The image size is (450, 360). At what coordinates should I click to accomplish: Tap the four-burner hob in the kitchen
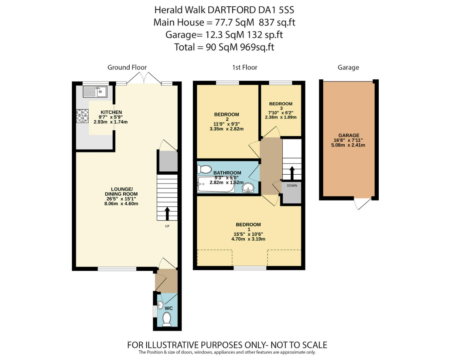(82, 116)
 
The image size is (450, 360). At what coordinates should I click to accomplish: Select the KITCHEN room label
(111, 112)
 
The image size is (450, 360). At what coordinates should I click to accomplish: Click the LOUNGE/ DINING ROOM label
(121, 194)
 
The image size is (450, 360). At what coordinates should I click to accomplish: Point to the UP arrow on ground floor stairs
(167, 214)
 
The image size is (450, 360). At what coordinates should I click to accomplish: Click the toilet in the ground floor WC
(167, 319)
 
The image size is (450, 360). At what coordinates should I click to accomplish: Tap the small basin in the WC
(160, 305)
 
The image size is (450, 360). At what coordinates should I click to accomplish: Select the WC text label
(168, 308)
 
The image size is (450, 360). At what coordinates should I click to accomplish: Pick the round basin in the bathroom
(249, 188)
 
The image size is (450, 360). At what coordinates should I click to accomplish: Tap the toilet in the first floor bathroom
(204, 169)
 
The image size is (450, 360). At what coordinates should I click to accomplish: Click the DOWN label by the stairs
(292, 185)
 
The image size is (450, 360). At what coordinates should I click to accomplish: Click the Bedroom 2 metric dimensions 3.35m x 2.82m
(226, 129)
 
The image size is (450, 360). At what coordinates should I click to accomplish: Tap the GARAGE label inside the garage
(348, 136)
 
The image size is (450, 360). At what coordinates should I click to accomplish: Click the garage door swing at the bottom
(362, 203)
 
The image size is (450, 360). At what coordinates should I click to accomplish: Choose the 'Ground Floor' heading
(127, 67)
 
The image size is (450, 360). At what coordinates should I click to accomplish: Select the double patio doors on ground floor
(144, 78)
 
